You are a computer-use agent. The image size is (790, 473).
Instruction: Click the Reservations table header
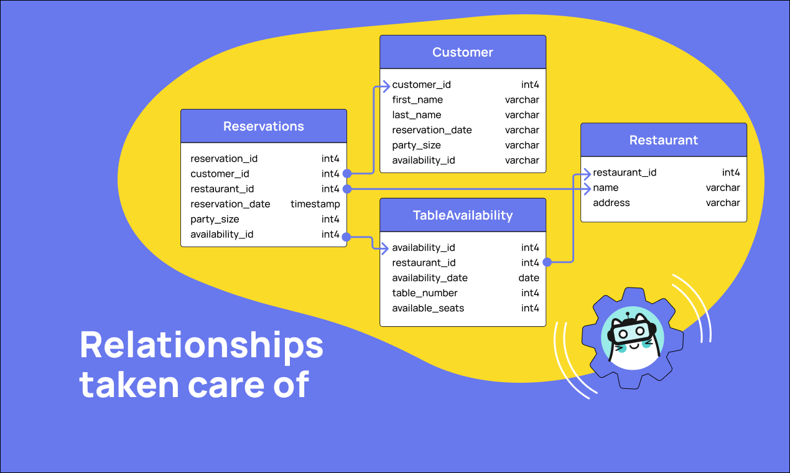point(264,126)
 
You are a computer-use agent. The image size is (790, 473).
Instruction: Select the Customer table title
point(463,52)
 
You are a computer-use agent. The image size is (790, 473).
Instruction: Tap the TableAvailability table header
point(463,215)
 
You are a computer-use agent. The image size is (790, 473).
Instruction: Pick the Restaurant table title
point(664,140)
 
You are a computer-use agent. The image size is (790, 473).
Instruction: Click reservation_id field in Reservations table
point(224,159)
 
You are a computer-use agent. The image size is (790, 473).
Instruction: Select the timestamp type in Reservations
point(315,204)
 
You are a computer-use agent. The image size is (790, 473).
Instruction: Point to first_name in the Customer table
point(417,100)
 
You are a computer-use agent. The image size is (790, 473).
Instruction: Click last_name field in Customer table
point(416,115)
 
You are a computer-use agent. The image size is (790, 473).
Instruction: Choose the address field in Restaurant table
point(611,203)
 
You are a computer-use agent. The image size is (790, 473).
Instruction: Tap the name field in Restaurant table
point(606,188)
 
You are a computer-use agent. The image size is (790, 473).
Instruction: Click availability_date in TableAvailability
point(430,278)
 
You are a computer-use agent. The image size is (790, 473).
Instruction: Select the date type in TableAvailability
point(529,278)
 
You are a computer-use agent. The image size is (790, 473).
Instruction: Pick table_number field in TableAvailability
point(425,293)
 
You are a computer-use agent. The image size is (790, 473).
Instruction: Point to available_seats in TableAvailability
point(428,308)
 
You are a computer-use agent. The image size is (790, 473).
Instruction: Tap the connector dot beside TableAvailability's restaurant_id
point(546,263)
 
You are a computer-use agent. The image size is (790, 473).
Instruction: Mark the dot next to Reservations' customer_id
point(347,174)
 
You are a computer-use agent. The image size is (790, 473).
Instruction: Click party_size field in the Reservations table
point(215,219)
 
